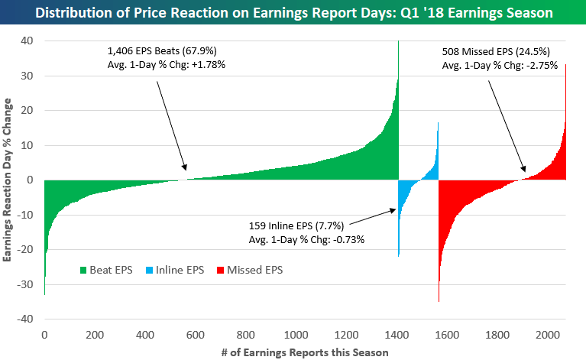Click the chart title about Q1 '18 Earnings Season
(x=293, y=13)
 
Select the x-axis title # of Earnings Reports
(x=304, y=352)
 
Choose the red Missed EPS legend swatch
(x=219, y=269)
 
